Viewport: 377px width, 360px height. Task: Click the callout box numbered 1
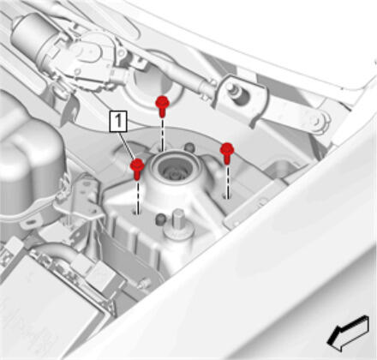pos(118,122)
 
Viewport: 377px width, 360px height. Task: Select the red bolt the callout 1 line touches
pos(137,169)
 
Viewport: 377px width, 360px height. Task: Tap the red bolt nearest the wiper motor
pos(162,106)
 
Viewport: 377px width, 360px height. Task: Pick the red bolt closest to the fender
pos(227,153)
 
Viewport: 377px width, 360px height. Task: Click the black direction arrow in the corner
pos(348,333)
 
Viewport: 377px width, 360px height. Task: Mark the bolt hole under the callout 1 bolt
pos(136,213)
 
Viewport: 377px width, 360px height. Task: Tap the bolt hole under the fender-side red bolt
pos(226,196)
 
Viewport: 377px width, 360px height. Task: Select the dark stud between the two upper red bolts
pos(188,147)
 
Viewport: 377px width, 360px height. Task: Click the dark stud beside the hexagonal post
pos(160,219)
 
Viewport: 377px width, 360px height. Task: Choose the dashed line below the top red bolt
pos(162,134)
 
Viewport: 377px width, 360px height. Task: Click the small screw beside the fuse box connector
pos(145,282)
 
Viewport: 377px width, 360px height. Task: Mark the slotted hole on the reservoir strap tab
pos(28,222)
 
